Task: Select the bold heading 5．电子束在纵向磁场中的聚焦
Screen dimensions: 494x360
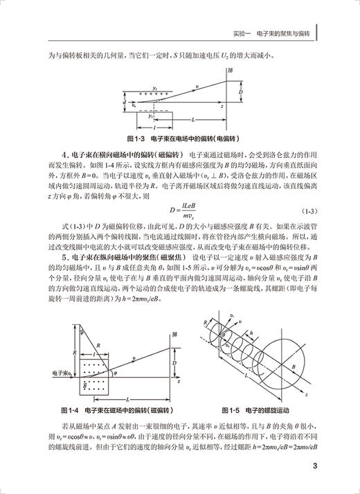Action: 118,256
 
